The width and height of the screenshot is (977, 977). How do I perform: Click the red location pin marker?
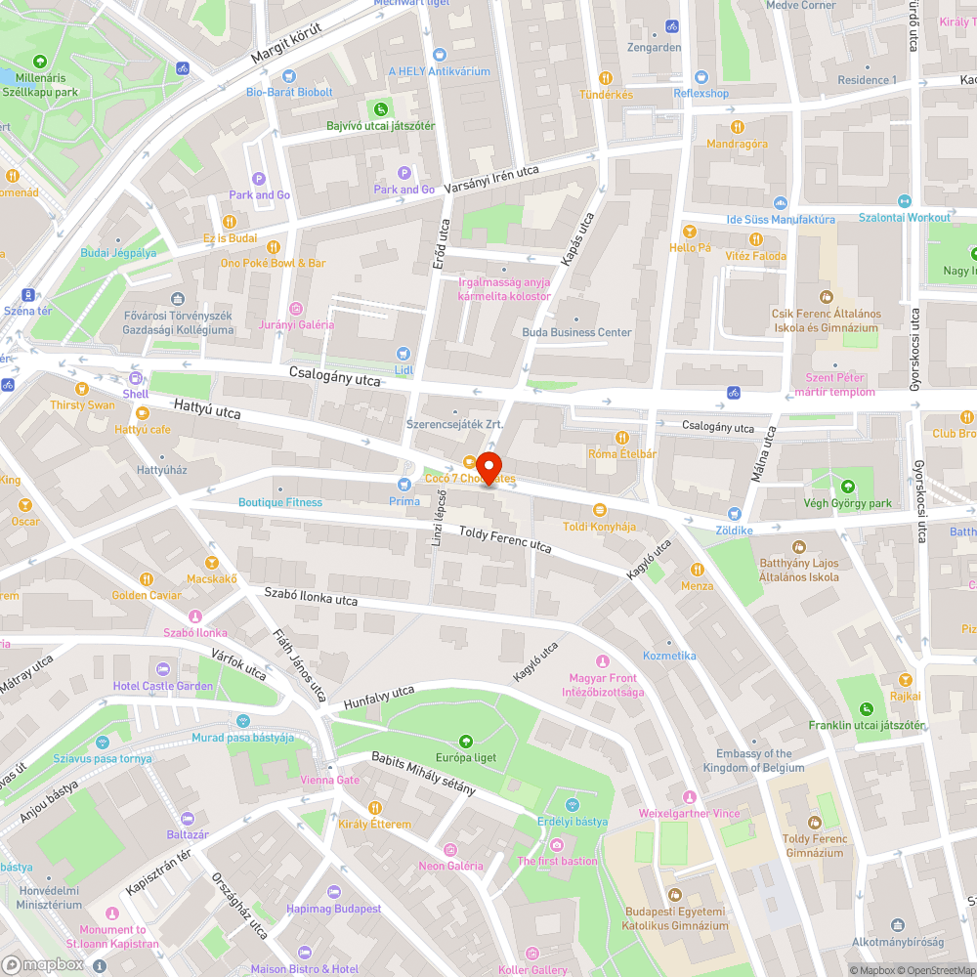point(488,467)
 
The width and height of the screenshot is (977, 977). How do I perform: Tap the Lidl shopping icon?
point(404,354)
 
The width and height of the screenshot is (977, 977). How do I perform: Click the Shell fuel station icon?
point(135,378)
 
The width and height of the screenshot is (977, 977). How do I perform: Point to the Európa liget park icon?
point(465,742)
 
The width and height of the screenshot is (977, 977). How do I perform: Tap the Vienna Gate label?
point(330,780)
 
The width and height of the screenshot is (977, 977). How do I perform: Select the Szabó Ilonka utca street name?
point(311,597)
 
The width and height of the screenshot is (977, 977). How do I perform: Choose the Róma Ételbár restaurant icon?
point(621,438)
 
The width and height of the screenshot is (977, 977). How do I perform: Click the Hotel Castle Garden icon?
point(162,670)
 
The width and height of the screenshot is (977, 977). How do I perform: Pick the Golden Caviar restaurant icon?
point(146,579)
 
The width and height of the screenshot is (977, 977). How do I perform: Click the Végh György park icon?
point(846,487)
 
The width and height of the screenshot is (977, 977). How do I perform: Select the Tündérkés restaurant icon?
point(606,78)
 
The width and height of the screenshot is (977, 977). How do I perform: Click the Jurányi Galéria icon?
point(296,309)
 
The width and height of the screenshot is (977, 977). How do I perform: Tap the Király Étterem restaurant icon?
point(375,808)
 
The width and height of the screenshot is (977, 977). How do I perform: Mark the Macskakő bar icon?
point(211,563)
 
